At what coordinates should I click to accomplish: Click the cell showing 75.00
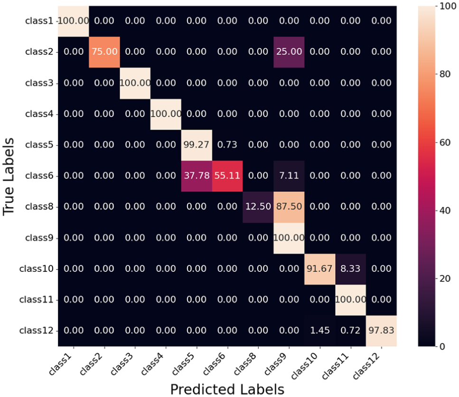point(104,52)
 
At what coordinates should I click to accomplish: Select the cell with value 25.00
point(289,52)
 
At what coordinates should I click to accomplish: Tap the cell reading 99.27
point(197,145)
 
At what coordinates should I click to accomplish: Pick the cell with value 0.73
point(227,145)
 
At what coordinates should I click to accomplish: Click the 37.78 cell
point(197,175)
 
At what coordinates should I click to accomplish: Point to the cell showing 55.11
point(227,175)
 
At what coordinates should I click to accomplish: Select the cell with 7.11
point(289,175)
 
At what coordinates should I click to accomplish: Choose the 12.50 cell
point(258,207)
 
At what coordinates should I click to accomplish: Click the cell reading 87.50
point(289,207)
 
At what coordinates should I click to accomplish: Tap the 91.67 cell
point(320,268)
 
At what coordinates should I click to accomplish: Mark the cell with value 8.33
point(351,268)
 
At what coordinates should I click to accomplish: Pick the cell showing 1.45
point(320,331)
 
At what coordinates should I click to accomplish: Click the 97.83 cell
point(382,331)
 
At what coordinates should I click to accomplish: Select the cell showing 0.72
point(351,331)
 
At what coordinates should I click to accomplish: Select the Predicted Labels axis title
point(227,388)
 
